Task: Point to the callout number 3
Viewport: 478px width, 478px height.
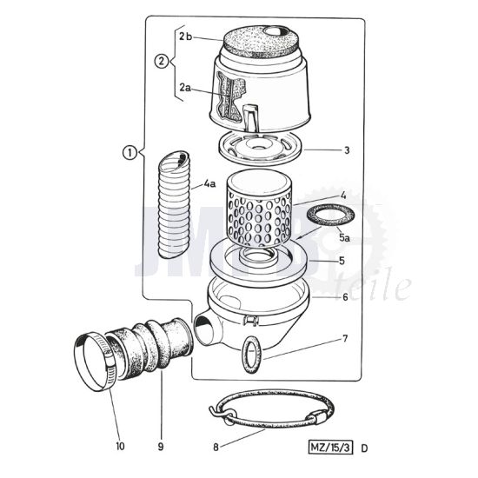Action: tap(347, 150)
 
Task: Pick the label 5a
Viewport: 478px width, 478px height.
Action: tap(345, 236)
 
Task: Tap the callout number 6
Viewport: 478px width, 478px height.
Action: tap(346, 297)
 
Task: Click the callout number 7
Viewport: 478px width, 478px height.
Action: tap(346, 336)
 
